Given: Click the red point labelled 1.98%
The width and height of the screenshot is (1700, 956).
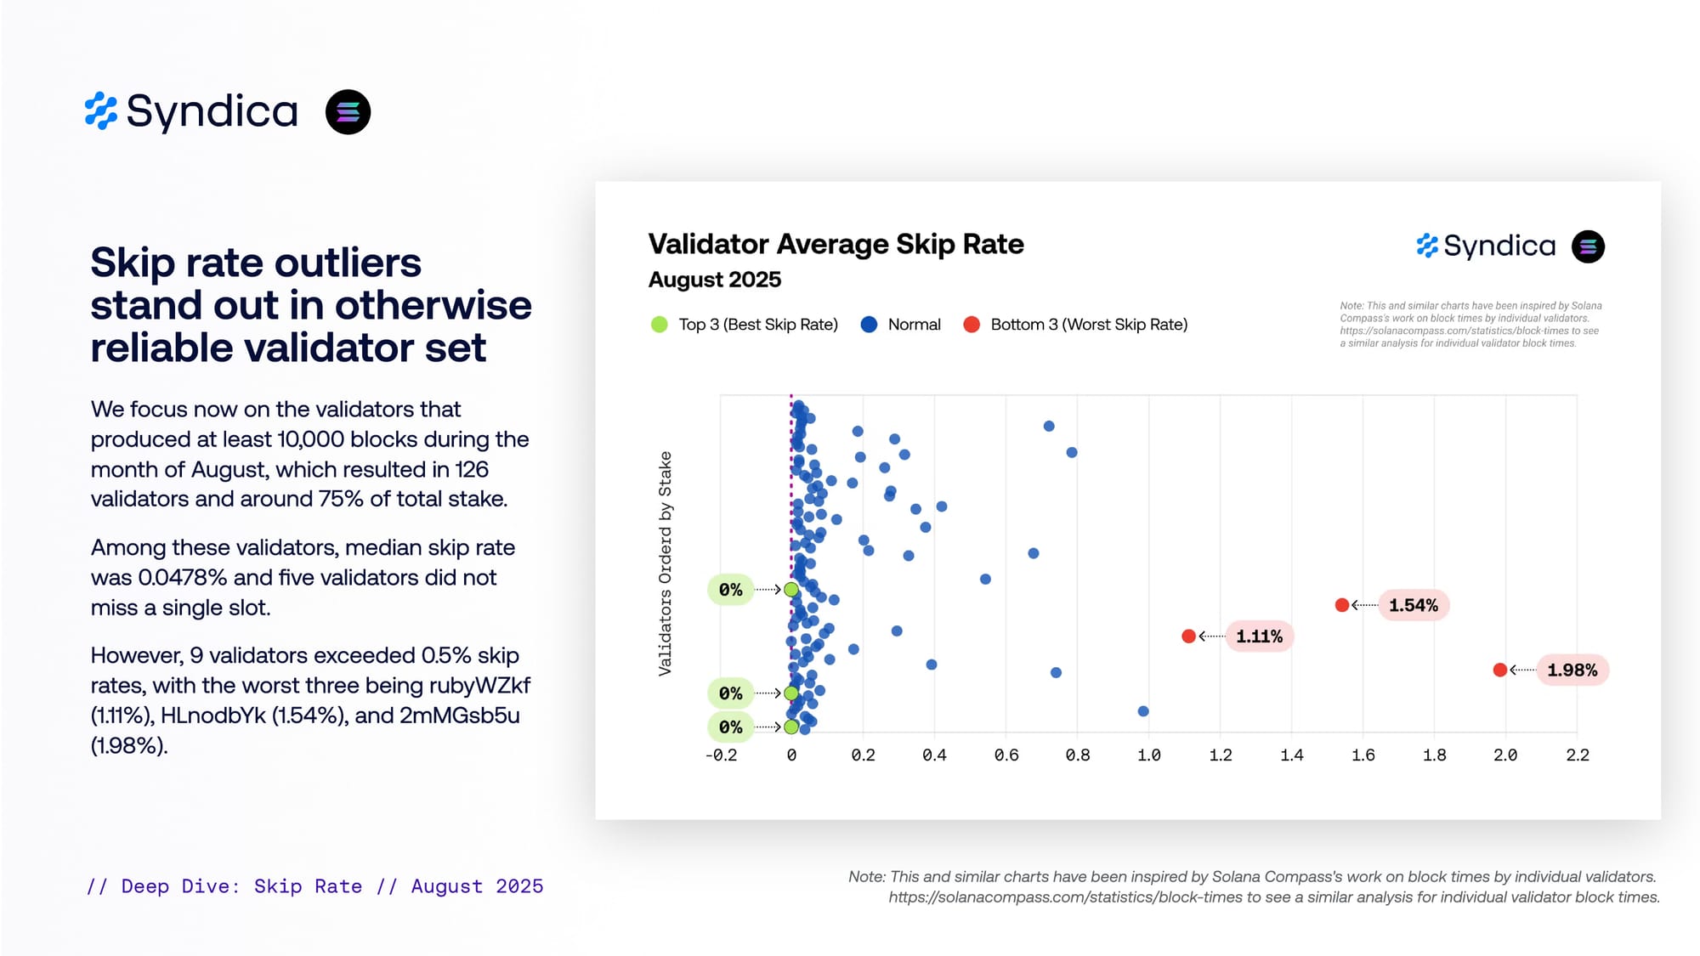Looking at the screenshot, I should click(x=1500, y=670).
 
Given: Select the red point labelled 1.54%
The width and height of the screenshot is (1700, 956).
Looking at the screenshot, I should click(x=1342, y=605).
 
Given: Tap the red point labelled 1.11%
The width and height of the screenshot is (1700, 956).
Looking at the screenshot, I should click(x=1189, y=636).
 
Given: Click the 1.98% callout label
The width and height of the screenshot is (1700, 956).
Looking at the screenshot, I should click(x=1572, y=670).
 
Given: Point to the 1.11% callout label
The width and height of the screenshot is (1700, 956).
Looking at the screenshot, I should click(x=1259, y=636).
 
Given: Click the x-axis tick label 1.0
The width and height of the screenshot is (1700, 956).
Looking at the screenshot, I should click(x=1148, y=755).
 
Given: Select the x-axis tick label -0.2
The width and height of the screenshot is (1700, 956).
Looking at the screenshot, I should click(x=721, y=755).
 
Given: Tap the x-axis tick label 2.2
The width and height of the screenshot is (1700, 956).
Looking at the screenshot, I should click(x=1578, y=755).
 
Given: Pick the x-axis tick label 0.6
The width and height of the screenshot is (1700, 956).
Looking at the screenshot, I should click(x=1006, y=755).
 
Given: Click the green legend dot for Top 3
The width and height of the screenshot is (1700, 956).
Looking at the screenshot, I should click(x=659, y=325).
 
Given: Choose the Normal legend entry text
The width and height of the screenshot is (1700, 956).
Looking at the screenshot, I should click(x=914, y=325).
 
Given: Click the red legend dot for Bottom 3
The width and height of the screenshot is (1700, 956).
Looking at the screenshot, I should click(x=972, y=325).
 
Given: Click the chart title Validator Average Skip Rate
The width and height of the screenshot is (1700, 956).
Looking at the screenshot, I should click(x=836, y=245).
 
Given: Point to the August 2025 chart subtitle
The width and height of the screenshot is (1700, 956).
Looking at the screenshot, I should click(x=714, y=280).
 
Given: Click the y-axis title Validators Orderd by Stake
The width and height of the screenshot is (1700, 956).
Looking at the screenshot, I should click(x=665, y=563).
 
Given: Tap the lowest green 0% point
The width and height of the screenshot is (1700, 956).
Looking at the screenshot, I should click(x=791, y=727).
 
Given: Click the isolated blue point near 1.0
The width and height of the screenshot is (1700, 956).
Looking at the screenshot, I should click(x=1143, y=711).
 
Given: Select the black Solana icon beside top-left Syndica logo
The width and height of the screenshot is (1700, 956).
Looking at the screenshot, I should click(x=348, y=112).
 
